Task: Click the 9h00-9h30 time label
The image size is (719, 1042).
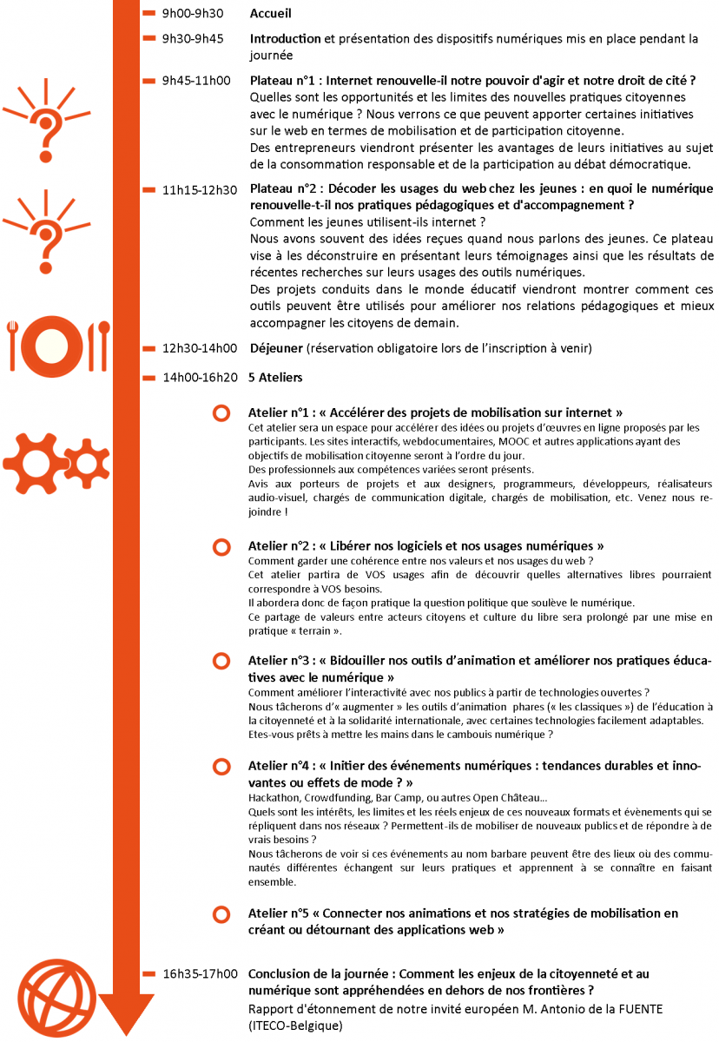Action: [193, 14]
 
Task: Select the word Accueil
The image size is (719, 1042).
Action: [271, 14]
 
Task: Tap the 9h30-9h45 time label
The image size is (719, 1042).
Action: [193, 39]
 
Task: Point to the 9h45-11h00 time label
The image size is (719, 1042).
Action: [196, 81]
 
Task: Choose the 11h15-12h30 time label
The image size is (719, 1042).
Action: [200, 190]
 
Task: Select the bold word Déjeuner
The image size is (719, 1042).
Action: [276, 349]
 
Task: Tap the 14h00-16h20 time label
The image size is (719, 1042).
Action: [200, 378]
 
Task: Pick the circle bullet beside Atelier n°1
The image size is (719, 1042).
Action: [221, 413]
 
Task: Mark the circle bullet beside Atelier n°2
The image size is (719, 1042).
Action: [221, 546]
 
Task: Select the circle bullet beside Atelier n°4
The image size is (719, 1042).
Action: [221, 767]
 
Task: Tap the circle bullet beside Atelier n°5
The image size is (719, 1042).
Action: [221, 913]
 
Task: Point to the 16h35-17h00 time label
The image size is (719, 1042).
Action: [200, 974]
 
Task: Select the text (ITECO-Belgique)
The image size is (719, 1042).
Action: [296, 1026]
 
